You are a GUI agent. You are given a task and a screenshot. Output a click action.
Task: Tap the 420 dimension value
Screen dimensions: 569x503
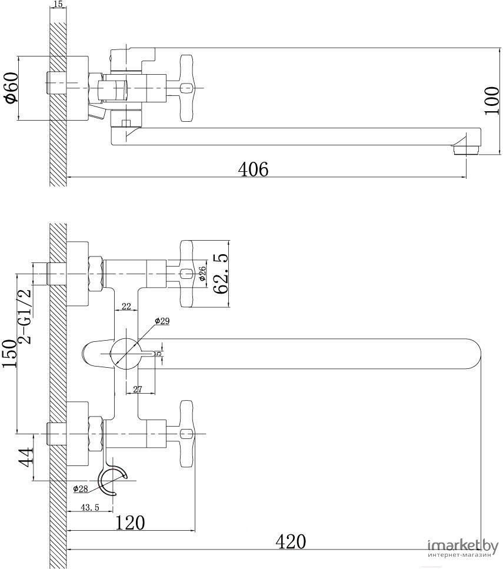coord(291,541)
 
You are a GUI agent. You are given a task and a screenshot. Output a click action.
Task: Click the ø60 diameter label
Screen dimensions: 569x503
coord(12,89)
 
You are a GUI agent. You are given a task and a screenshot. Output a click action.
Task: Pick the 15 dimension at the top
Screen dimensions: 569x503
coord(58,5)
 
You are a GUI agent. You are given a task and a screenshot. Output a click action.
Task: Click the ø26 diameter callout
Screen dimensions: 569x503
coord(202,274)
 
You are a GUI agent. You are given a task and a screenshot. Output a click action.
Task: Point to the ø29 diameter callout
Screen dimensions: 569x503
coord(162,321)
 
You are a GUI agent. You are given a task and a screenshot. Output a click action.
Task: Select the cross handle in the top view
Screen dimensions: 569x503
coord(187,88)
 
